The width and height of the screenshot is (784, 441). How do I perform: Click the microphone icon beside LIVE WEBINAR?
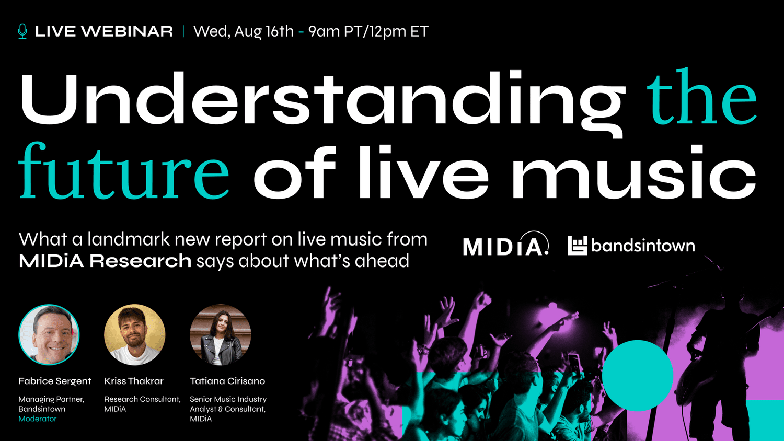[x=22, y=31]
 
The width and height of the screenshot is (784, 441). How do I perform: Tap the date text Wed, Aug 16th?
[x=244, y=31]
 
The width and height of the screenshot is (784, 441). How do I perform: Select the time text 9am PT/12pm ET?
[x=368, y=31]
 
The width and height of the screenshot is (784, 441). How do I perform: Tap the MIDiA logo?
[x=506, y=243]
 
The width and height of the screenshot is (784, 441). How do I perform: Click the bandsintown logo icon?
[x=577, y=246]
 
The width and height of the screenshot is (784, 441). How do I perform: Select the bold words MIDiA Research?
[x=105, y=261]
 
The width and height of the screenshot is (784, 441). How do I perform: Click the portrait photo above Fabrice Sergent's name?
[x=49, y=334]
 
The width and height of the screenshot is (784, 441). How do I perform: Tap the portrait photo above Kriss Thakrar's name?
[x=135, y=334]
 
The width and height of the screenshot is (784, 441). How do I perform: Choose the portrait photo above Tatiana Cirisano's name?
[x=221, y=334]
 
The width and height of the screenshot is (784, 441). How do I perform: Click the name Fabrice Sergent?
[x=54, y=381]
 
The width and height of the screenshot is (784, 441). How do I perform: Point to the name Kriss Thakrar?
[x=134, y=381]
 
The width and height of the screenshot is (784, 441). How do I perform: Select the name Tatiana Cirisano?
[x=227, y=381]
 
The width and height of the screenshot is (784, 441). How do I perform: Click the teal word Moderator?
[x=38, y=419]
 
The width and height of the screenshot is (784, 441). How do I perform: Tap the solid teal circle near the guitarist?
[x=637, y=376]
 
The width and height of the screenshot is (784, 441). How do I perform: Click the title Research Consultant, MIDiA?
[x=143, y=404]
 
